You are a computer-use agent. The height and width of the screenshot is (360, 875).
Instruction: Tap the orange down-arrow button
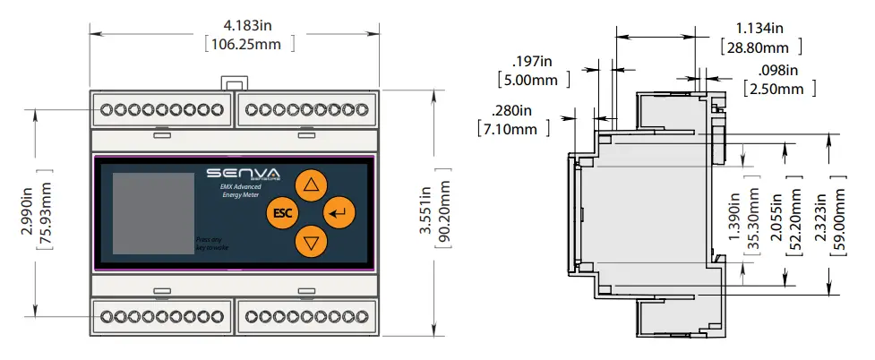click(x=311, y=241)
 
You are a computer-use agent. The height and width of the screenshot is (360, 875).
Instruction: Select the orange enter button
click(x=339, y=213)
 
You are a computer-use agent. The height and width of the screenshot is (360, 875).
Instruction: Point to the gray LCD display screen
click(x=150, y=213)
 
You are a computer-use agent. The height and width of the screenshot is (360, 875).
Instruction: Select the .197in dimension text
click(x=535, y=61)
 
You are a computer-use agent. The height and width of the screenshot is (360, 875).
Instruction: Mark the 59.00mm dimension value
click(x=839, y=222)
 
